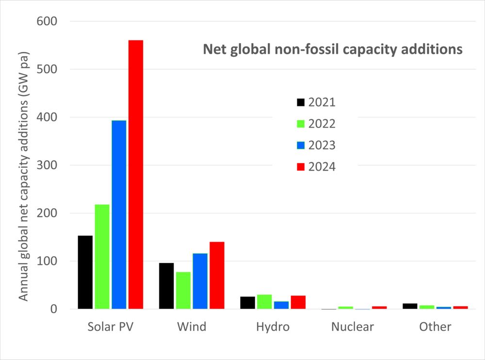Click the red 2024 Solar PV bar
(135, 175)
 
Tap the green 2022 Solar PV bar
(102, 257)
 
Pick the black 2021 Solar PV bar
(85, 272)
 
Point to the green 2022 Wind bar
(183, 291)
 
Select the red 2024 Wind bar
(217, 275)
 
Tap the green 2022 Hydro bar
(264, 302)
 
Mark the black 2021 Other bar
(411, 306)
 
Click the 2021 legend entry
(315, 102)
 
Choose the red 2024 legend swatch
(300, 167)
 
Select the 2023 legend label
(322, 146)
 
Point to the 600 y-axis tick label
(47, 21)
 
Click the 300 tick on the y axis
(47, 165)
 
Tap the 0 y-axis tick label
(53, 309)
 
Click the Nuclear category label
(353, 327)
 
